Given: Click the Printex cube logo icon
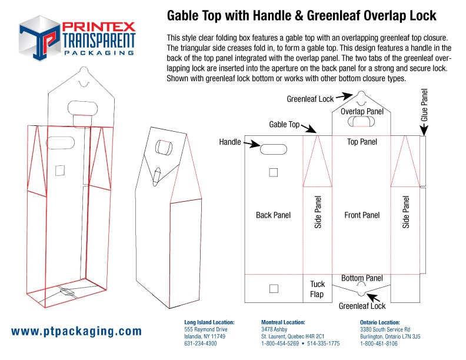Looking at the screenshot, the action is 40,38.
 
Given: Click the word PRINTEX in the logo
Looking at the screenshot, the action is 99,27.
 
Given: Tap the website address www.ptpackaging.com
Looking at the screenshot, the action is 76,332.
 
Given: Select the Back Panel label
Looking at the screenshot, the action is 273,215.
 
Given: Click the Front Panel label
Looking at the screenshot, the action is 362,215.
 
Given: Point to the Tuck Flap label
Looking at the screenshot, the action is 317,289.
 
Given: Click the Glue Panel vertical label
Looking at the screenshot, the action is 424,105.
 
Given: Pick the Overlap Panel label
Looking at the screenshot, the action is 362,112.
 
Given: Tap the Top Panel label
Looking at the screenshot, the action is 362,142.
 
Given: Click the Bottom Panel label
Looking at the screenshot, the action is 362,278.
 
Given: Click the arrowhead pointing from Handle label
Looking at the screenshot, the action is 255,144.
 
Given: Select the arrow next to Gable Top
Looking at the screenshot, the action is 308,128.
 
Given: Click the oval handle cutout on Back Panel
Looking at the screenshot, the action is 274,149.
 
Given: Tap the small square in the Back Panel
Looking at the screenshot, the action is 274,172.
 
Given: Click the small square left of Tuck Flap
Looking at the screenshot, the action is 274,288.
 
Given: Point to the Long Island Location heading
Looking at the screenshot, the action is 209,322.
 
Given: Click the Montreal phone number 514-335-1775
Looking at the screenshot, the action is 324,344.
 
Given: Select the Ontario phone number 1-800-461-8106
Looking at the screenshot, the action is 379,344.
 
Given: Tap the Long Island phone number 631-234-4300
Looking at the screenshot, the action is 200,344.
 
